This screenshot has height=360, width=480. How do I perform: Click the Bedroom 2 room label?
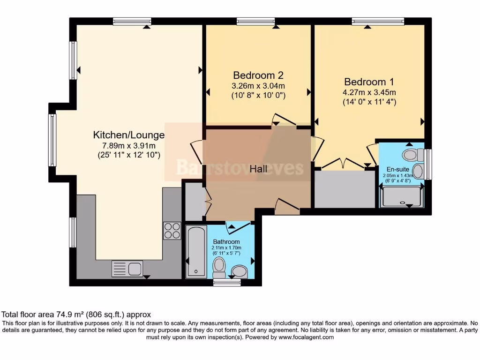258,75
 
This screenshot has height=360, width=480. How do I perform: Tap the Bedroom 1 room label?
369,81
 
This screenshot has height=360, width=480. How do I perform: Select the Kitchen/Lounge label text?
129,135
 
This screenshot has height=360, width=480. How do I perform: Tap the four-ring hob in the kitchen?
172,230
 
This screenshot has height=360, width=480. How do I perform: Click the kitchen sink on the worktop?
127,269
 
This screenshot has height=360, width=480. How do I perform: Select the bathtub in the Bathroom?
195,252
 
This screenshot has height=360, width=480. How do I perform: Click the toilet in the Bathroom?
219,268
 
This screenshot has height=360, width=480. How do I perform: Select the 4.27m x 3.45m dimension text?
369,92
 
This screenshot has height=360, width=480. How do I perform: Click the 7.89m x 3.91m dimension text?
129,145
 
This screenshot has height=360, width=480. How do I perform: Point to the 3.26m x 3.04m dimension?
258,86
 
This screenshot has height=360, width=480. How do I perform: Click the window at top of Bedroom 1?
378,21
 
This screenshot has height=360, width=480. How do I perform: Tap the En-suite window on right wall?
428,164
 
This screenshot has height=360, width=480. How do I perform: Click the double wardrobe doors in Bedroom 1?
344,164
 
